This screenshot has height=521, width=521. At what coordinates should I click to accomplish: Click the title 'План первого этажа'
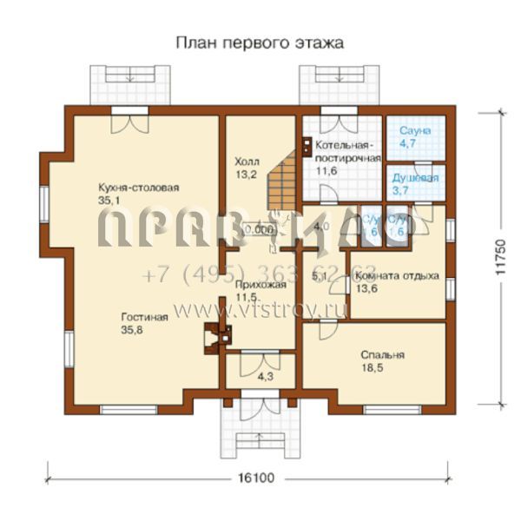260,42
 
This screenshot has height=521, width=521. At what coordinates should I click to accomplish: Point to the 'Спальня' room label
383,355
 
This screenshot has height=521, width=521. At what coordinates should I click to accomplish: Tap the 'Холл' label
247,162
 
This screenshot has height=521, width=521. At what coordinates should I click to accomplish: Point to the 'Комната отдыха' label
397,276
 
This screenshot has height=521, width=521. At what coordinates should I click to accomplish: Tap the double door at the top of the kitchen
130,122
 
